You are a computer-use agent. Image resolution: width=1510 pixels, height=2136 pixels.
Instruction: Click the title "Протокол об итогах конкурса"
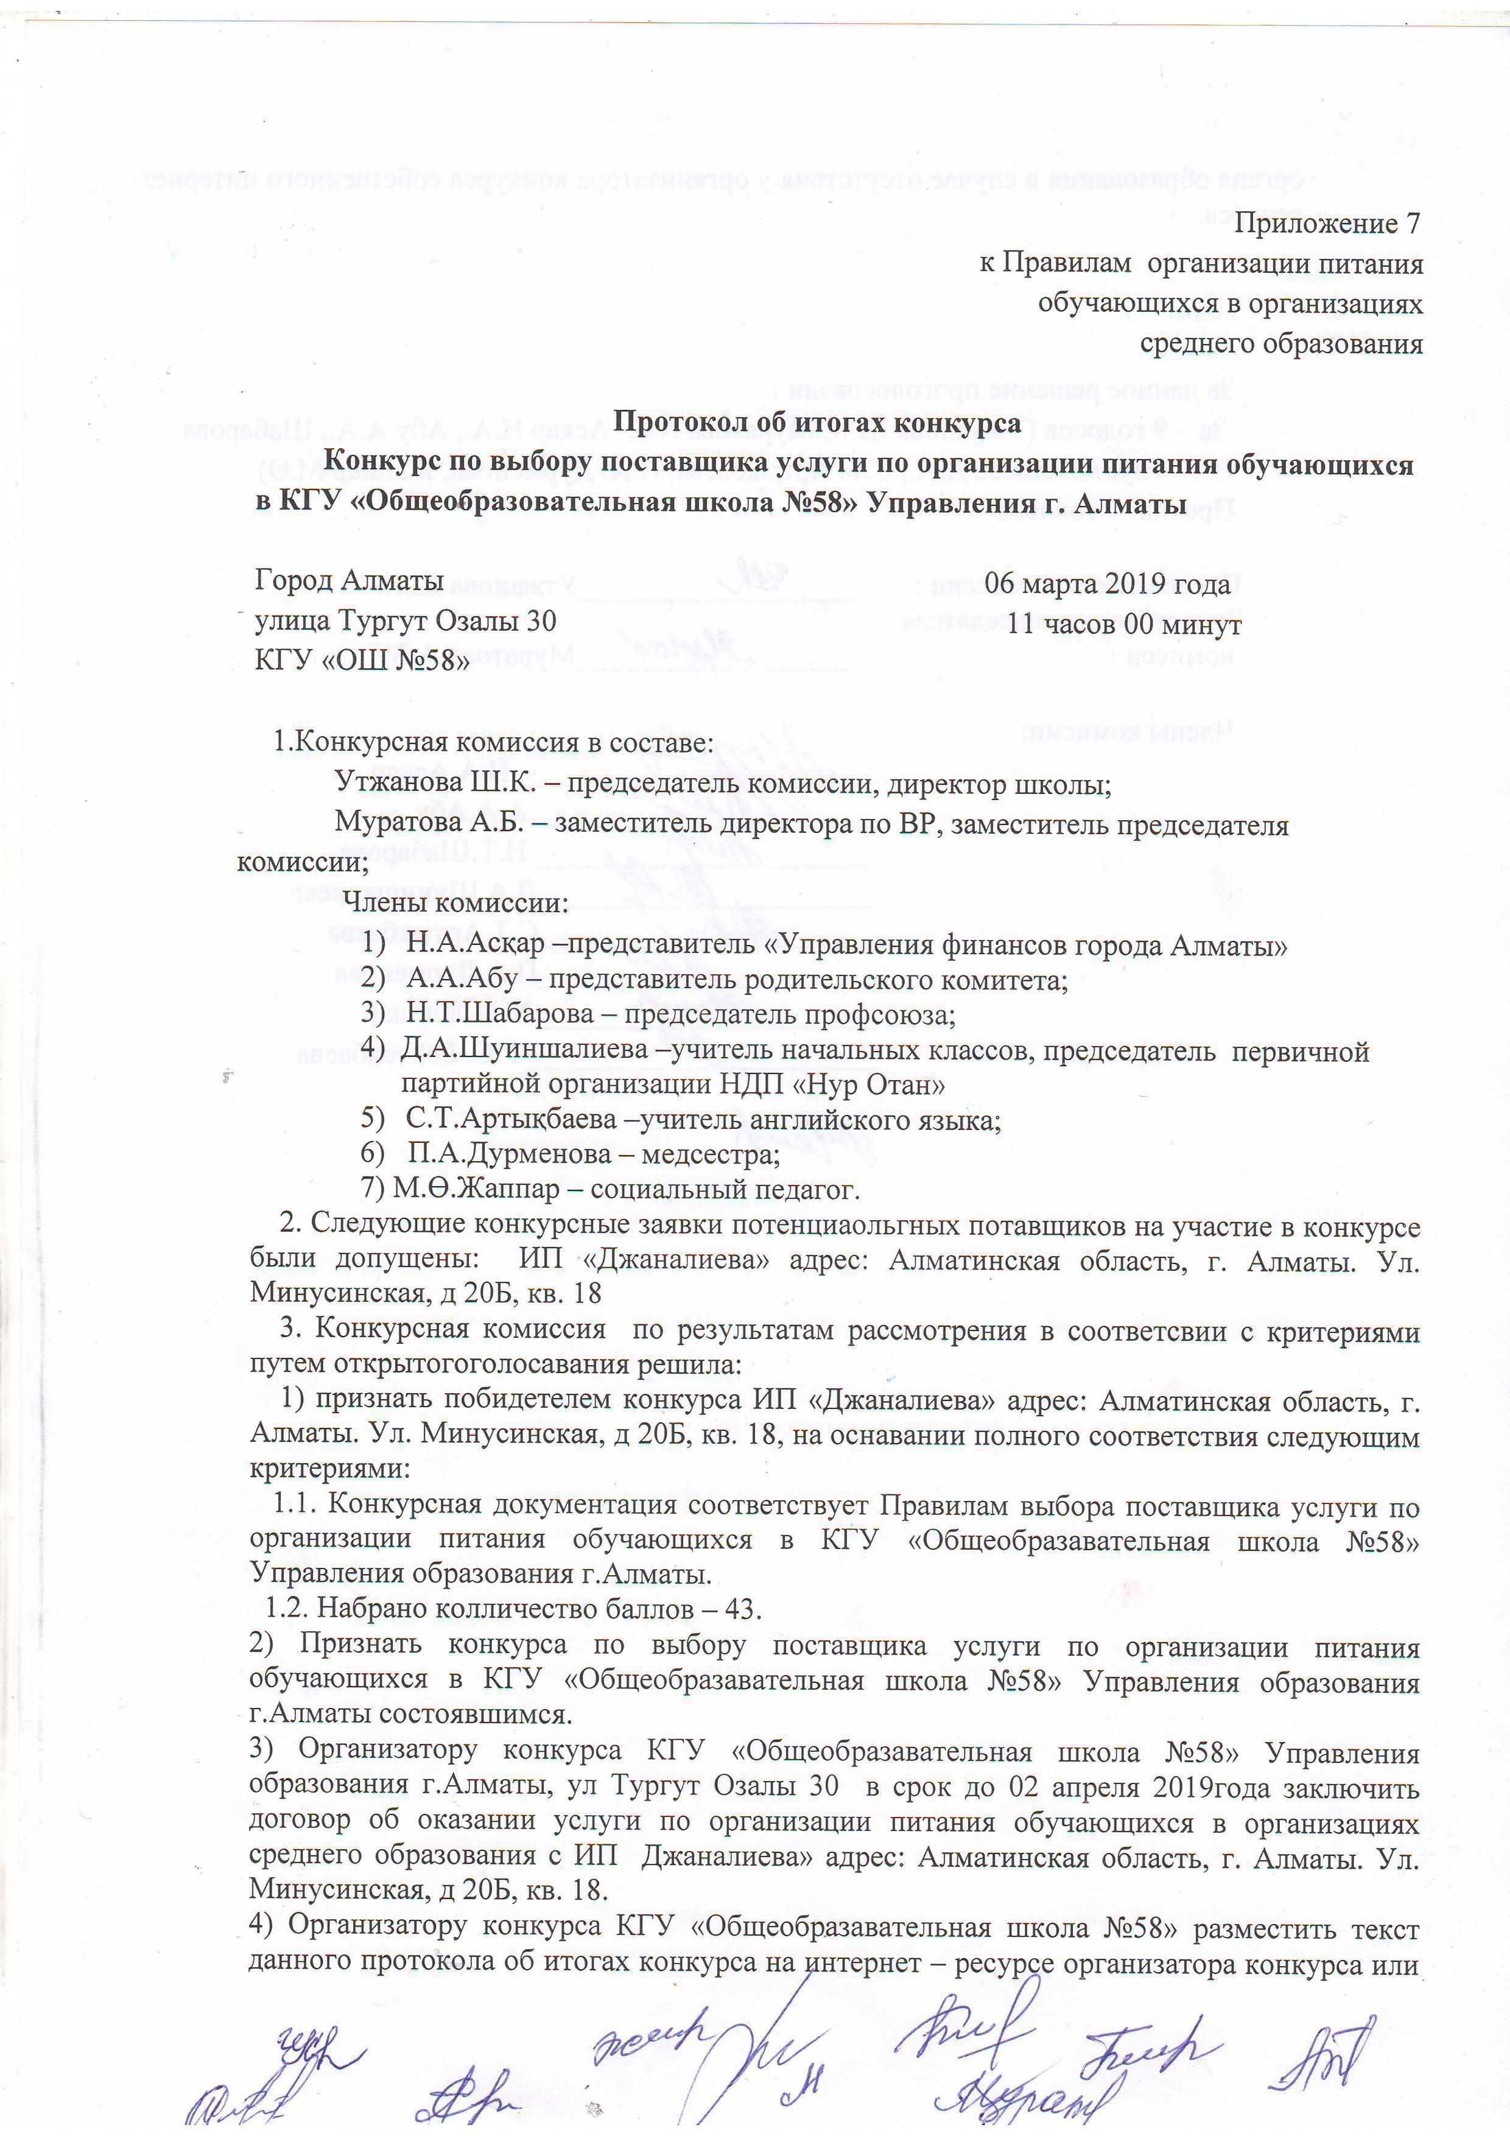click(x=817, y=423)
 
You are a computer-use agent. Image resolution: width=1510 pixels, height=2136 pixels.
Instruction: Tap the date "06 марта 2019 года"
click(x=1107, y=585)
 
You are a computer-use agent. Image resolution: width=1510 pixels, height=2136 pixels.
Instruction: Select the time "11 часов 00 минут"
click(x=1124, y=624)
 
